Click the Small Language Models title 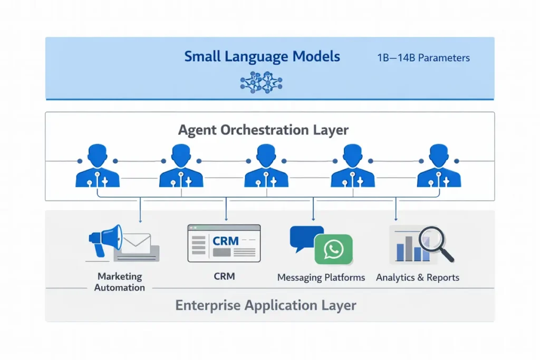pyautogui.click(x=262, y=56)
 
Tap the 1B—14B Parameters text pyautogui.click(x=423, y=58)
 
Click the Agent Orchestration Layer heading pyautogui.click(x=263, y=130)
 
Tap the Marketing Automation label pyautogui.click(x=120, y=282)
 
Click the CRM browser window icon pyautogui.click(x=224, y=243)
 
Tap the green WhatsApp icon pyautogui.click(x=333, y=249)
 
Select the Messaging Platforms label pyautogui.click(x=321, y=278)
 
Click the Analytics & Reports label pyautogui.click(x=418, y=278)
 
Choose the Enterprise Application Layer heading pyautogui.click(x=266, y=305)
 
